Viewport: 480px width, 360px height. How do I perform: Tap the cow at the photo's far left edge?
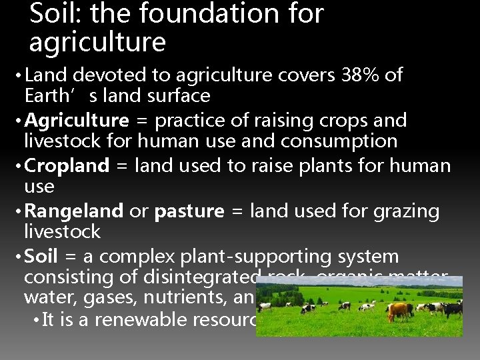[265, 306]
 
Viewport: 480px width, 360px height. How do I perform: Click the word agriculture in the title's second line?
[97, 42]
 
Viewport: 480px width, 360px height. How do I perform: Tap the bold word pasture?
[189, 211]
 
